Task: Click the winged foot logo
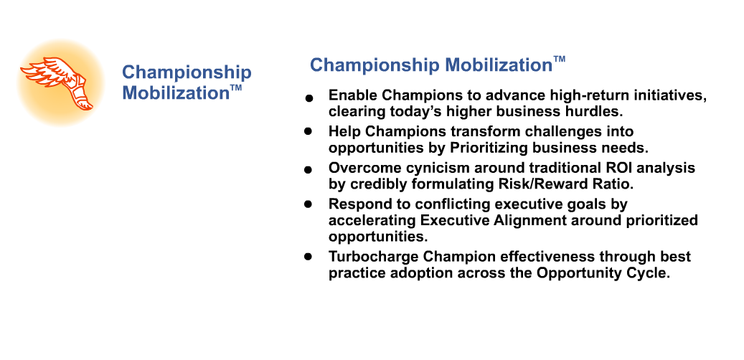(x=57, y=83)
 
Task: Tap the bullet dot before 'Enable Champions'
(x=309, y=98)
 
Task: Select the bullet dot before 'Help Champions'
(x=309, y=131)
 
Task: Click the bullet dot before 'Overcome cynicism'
(x=309, y=169)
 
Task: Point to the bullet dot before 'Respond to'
(x=309, y=204)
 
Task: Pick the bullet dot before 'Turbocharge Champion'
(x=309, y=257)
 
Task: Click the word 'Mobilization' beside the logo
(x=176, y=93)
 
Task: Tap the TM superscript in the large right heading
(x=559, y=60)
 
